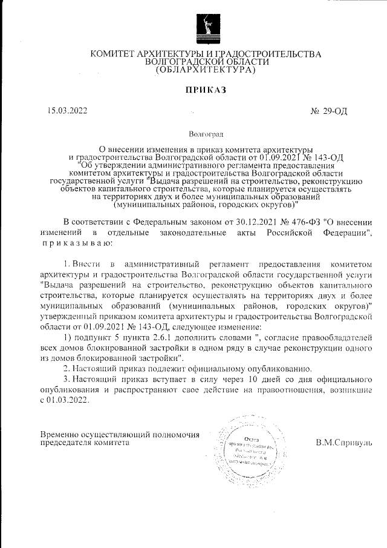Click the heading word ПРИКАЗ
coord(205,90)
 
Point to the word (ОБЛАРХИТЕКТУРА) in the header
coord(206,70)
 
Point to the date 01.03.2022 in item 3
coord(68,400)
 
